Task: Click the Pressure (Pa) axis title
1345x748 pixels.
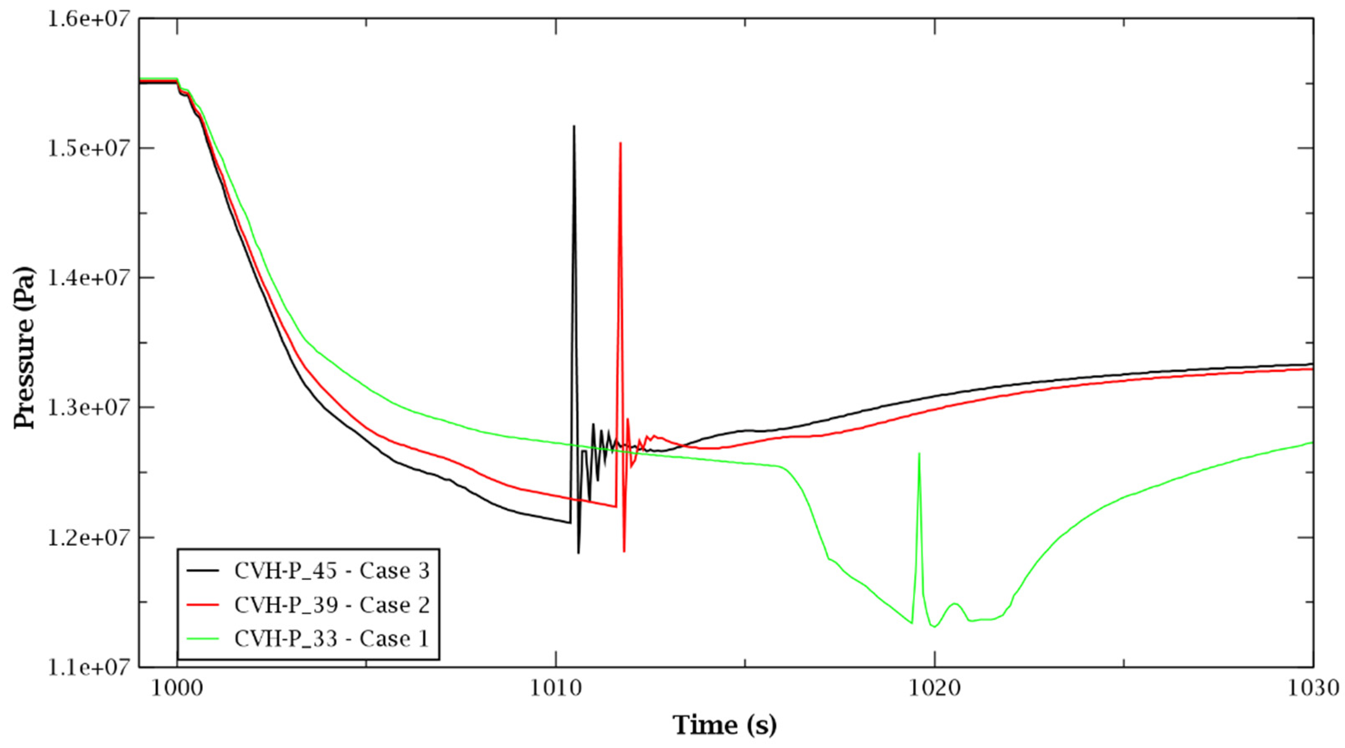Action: click(x=25, y=348)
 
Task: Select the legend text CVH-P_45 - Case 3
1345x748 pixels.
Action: click(x=332, y=571)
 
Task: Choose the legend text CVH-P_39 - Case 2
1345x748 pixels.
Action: click(x=332, y=605)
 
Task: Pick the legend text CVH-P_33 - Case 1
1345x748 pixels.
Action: click(x=332, y=639)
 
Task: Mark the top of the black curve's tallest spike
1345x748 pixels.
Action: click(x=574, y=126)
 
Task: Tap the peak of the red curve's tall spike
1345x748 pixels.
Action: click(x=620, y=143)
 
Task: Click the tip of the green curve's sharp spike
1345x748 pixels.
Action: click(x=919, y=454)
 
